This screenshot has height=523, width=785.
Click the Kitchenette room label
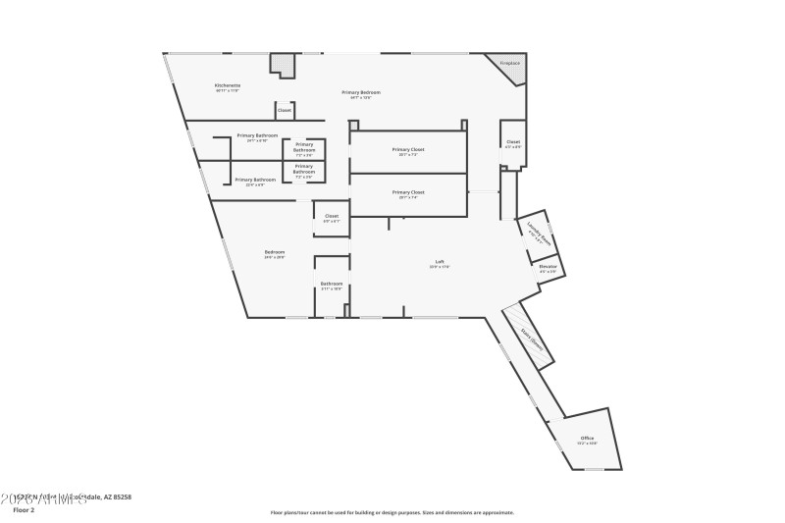click(x=228, y=85)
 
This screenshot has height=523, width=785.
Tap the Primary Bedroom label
click(x=361, y=92)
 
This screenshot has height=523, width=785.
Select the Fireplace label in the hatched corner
click(x=510, y=63)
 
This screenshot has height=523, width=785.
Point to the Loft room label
click(x=440, y=262)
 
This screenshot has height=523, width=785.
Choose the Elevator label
click(x=548, y=267)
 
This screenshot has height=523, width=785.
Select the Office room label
click(x=587, y=439)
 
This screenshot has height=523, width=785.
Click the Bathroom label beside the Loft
click(x=331, y=284)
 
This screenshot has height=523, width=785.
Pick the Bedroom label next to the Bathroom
click(x=275, y=252)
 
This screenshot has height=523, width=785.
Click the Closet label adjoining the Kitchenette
click(x=284, y=110)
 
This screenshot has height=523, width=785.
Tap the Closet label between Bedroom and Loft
click(x=332, y=216)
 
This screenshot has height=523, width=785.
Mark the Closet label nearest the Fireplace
click(x=513, y=142)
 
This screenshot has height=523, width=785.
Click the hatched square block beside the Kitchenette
click(x=284, y=65)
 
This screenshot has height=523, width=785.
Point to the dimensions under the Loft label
click(x=440, y=267)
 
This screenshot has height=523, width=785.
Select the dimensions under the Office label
click(x=587, y=444)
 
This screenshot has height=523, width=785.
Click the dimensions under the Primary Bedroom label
click(x=361, y=97)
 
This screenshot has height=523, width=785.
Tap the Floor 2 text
click(x=24, y=510)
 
